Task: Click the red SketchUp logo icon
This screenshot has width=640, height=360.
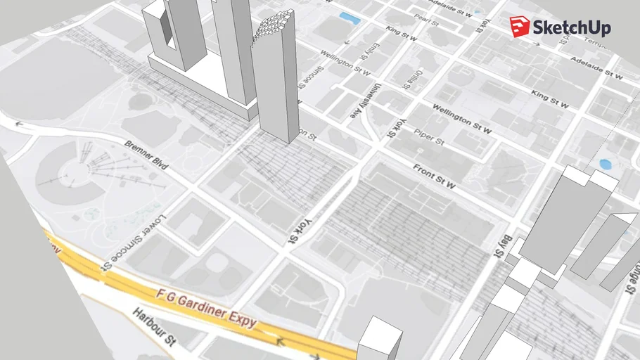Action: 520,26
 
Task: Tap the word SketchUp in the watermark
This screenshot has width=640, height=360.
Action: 572,28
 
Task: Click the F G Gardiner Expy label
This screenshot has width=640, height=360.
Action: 206,308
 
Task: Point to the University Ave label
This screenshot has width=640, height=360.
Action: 376,102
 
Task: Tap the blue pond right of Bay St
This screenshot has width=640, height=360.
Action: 605,165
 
